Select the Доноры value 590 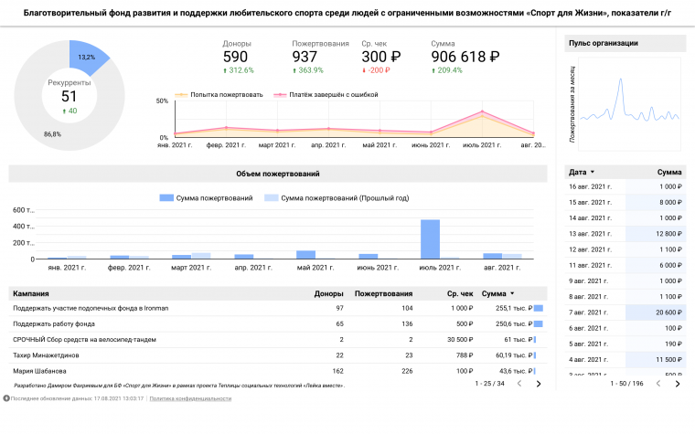point(236,57)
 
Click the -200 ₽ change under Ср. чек point(376,70)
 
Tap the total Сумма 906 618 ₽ point(465,57)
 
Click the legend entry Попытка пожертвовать point(227,94)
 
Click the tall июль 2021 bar point(430,238)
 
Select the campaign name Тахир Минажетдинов point(47,355)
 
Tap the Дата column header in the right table point(577,172)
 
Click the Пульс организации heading point(603,43)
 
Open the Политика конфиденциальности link point(190,398)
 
